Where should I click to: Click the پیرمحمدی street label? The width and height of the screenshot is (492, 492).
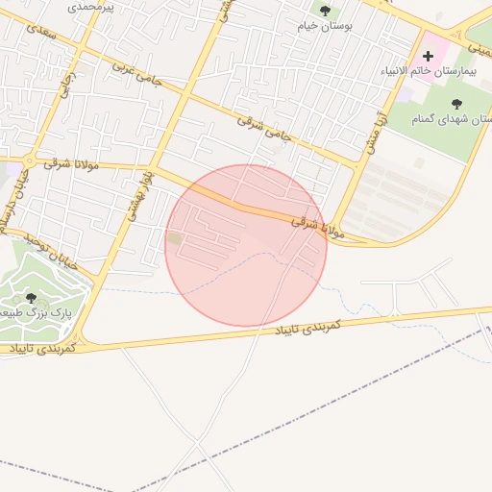tap(93, 7)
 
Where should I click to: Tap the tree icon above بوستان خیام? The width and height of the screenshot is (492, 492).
tap(325, 11)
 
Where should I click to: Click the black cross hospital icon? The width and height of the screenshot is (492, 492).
tap(428, 57)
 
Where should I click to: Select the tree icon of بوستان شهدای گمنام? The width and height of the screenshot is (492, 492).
tap(456, 103)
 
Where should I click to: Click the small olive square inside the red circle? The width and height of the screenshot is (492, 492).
tap(174, 237)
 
